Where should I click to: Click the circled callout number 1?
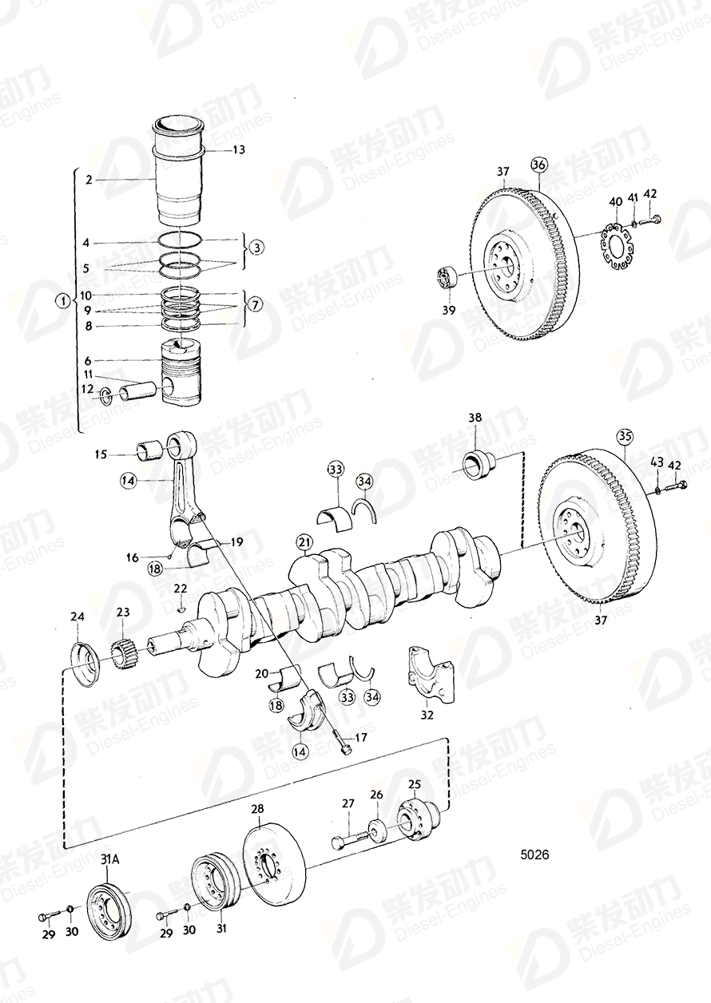click(62, 302)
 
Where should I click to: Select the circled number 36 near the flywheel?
click(538, 165)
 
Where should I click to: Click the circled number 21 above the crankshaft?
click(304, 544)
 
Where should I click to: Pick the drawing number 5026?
click(534, 854)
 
